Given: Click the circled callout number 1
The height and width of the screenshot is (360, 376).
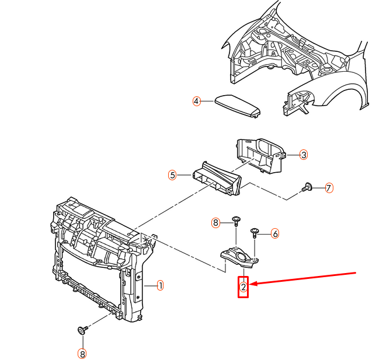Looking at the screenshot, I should tap(160, 286).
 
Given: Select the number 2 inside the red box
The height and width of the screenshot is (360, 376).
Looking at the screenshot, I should tap(243, 286).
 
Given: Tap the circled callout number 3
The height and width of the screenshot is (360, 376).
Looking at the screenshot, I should tap(304, 155).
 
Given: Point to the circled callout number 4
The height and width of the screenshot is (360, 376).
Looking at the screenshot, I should tap(197, 101).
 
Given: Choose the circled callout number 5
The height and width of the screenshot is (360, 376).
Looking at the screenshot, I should tap(172, 174).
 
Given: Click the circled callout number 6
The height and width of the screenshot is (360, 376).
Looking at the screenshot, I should tap(275, 233).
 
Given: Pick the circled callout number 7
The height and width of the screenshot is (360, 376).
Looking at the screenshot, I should tap(329, 188).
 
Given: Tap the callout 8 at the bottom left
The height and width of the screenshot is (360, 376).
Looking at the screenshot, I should tap(82, 353).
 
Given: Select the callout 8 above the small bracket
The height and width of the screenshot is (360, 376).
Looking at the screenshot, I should tap(215, 223).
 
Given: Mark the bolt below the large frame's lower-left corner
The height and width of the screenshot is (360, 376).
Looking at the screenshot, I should tap(82, 330).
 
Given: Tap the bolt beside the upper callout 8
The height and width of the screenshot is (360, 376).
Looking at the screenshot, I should tap(235, 221).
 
